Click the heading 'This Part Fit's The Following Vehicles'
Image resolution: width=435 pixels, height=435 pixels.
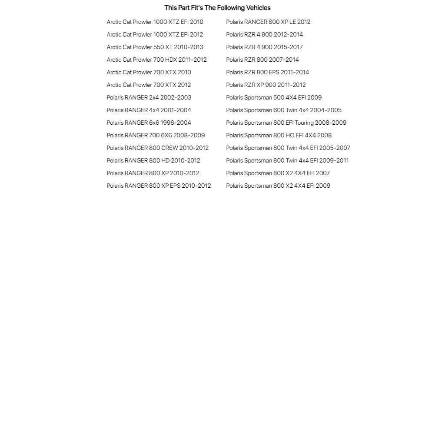point(217,8)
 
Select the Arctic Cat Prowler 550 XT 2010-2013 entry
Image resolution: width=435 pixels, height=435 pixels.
point(155,47)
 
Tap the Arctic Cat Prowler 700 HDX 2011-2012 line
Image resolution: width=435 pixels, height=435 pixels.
point(156,60)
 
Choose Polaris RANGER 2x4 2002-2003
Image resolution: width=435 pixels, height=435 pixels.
point(149,97)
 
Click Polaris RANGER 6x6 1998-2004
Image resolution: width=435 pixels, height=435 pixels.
point(149,123)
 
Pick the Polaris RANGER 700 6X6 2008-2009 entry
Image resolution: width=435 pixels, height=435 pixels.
point(156,135)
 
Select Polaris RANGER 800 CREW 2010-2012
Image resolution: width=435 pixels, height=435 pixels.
point(157,148)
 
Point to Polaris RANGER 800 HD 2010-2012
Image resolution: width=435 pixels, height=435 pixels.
point(153,160)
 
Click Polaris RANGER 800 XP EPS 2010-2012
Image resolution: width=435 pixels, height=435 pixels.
point(159,186)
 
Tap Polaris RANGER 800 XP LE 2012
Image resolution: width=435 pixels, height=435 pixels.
point(268,22)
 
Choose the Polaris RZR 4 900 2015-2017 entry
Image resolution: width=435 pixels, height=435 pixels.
point(264,47)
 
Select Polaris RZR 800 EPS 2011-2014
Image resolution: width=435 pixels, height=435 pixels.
point(267,72)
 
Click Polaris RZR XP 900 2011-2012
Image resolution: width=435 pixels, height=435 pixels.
point(266,85)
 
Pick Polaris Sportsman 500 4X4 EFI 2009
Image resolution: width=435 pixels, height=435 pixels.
point(274,97)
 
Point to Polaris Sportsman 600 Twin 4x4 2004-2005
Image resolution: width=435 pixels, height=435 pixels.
point(284,110)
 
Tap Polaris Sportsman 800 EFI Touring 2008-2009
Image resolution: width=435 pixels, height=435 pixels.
point(286,123)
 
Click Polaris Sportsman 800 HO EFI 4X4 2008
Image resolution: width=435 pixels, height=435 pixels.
point(279,135)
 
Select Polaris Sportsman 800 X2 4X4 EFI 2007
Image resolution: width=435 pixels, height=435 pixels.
point(278,173)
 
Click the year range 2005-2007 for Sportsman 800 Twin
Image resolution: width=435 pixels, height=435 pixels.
point(335,148)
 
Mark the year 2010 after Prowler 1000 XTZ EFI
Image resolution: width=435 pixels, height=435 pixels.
point(197,22)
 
